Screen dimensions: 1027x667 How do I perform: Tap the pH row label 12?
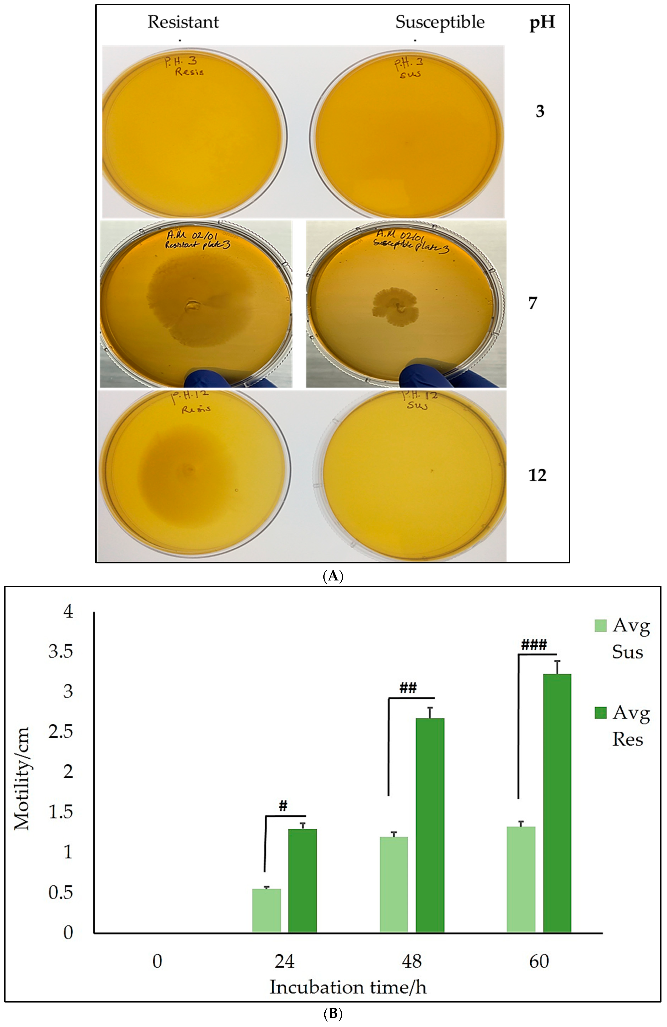pyautogui.click(x=537, y=475)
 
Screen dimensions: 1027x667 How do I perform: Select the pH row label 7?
pyautogui.click(x=533, y=303)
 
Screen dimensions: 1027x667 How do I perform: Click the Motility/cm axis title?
pyautogui.click(x=22, y=778)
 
